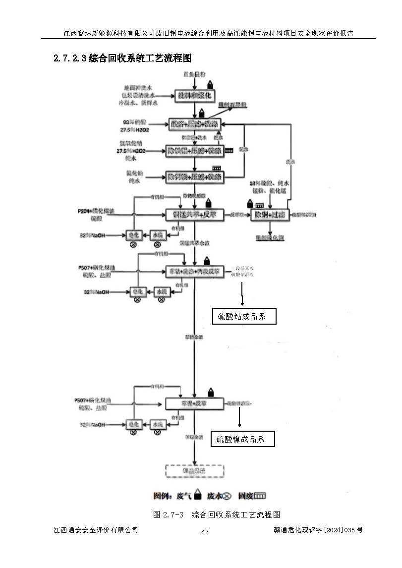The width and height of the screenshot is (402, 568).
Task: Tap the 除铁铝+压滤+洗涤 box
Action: pyautogui.click(x=194, y=150)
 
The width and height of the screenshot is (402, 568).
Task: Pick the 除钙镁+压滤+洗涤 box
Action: pyautogui.click(x=194, y=176)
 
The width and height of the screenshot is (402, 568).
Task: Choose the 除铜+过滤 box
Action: pyautogui.click(x=270, y=215)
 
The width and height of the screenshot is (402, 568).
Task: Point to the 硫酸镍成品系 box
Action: pyautogui.click(x=242, y=439)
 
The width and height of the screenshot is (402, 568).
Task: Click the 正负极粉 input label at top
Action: pyautogui.click(x=194, y=73)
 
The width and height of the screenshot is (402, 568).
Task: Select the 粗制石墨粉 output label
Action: pyautogui.click(x=232, y=105)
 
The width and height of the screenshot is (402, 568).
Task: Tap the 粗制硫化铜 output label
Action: pyautogui.click(x=270, y=237)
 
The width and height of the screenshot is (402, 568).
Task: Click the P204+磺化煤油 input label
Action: pyautogui.click(x=97, y=211)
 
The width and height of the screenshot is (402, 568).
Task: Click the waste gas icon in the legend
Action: pyautogui.click(x=197, y=494)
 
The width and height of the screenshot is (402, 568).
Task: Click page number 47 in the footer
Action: pyautogui.click(x=205, y=532)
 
